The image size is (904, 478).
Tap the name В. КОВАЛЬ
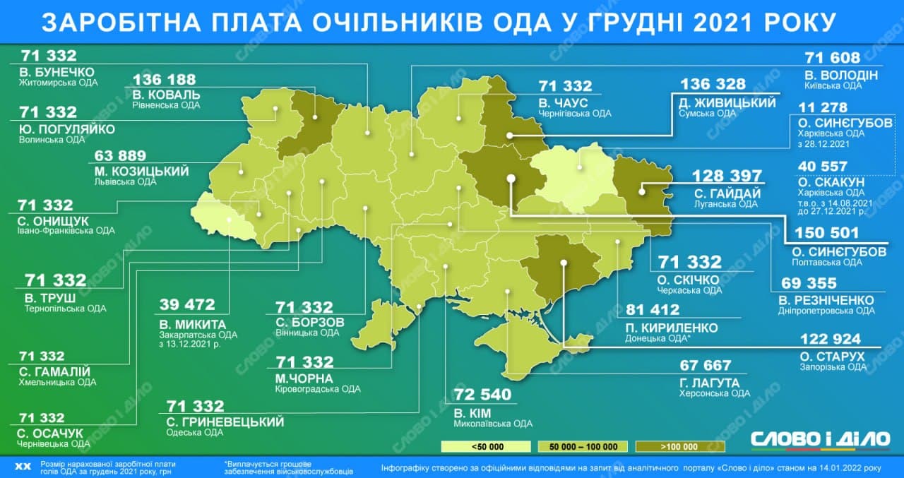(166, 95)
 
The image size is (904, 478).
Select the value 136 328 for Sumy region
(712, 85)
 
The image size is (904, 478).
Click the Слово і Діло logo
(819, 438)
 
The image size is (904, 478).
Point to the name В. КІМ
(469, 412)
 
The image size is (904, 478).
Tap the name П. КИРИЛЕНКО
(671, 328)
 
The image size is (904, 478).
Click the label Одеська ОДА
(194, 434)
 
